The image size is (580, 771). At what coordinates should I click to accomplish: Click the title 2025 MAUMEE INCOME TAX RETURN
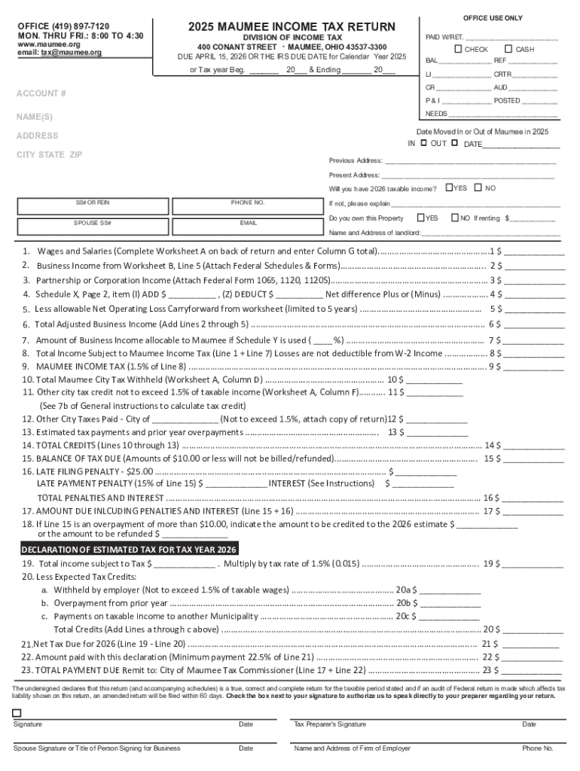[x=292, y=27]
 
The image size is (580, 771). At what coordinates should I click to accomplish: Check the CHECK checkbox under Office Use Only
[x=458, y=49]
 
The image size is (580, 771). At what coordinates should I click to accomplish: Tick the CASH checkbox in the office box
[x=508, y=49]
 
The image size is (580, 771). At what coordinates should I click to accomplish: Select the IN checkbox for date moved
[x=423, y=143]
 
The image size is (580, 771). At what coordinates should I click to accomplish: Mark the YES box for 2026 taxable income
[x=449, y=187]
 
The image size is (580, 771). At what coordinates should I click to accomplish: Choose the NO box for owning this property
[x=455, y=218]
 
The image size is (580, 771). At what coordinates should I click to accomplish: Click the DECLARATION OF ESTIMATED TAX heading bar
[x=130, y=548]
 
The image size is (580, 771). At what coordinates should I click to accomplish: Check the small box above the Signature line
[x=17, y=712]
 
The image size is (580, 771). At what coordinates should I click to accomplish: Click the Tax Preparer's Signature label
[x=330, y=724]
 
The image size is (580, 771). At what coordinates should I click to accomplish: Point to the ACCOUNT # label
[x=41, y=93]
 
